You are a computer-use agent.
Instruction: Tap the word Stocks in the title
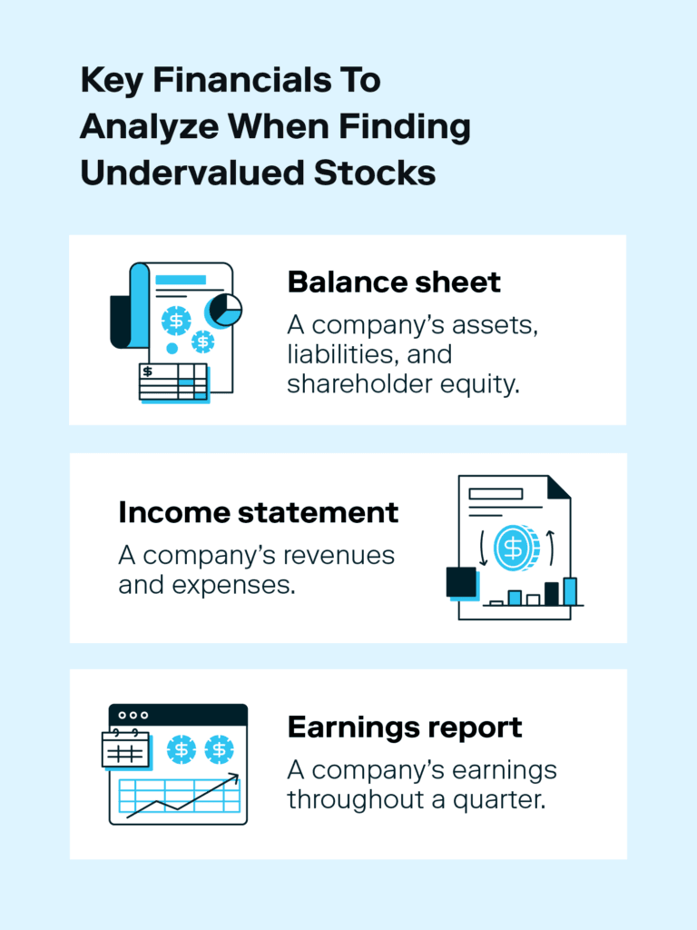[x=375, y=173]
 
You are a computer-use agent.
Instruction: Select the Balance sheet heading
[x=394, y=282]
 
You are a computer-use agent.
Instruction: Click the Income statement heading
[x=259, y=512]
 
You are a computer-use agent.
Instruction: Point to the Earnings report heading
[x=405, y=727]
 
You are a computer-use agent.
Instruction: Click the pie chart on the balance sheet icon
[x=223, y=311]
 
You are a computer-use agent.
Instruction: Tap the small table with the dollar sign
[x=173, y=381]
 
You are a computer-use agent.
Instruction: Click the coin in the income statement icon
[x=515, y=548]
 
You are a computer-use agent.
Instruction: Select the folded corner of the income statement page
[x=558, y=487]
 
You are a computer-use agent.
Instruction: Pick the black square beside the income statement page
[x=461, y=582]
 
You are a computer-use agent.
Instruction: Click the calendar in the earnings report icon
[x=125, y=749]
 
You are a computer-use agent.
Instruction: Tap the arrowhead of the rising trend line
[x=235, y=777]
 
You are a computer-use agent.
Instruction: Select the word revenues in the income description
[x=339, y=556]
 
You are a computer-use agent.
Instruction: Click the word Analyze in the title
[x=150, y=127]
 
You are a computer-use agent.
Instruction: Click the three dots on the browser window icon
[x=133, y=716]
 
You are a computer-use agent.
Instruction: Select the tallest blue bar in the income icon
[x=570, y=591]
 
